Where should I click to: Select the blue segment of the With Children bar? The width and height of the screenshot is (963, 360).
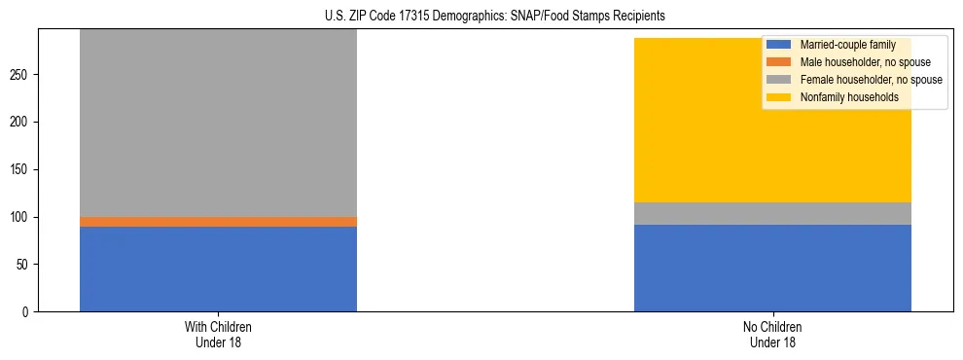[x=218, y=269]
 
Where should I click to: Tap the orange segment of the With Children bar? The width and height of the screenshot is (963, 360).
[x=218, y=222]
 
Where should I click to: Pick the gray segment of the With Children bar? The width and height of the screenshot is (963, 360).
[x=218, y=123]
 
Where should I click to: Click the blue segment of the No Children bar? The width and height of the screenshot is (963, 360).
[x=772, y=269]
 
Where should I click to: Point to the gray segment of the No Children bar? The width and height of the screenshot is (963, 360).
[x=772, y=213]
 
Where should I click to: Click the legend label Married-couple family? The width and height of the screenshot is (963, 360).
[x=847, y=45]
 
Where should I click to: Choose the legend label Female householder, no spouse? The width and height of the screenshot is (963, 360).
[x=871, y=80]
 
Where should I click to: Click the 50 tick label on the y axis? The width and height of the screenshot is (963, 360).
[x=24, y=265]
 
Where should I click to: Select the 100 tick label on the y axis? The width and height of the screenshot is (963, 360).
[x=21, y=217]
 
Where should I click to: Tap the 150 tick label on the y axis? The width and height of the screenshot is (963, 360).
[x=21, y=169]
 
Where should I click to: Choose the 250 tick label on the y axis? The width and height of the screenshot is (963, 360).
[x=21, y=75]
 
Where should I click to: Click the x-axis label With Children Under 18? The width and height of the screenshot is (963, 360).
[x=218, y=335]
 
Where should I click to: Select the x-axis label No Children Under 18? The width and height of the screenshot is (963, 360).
[x=772, y=335]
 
